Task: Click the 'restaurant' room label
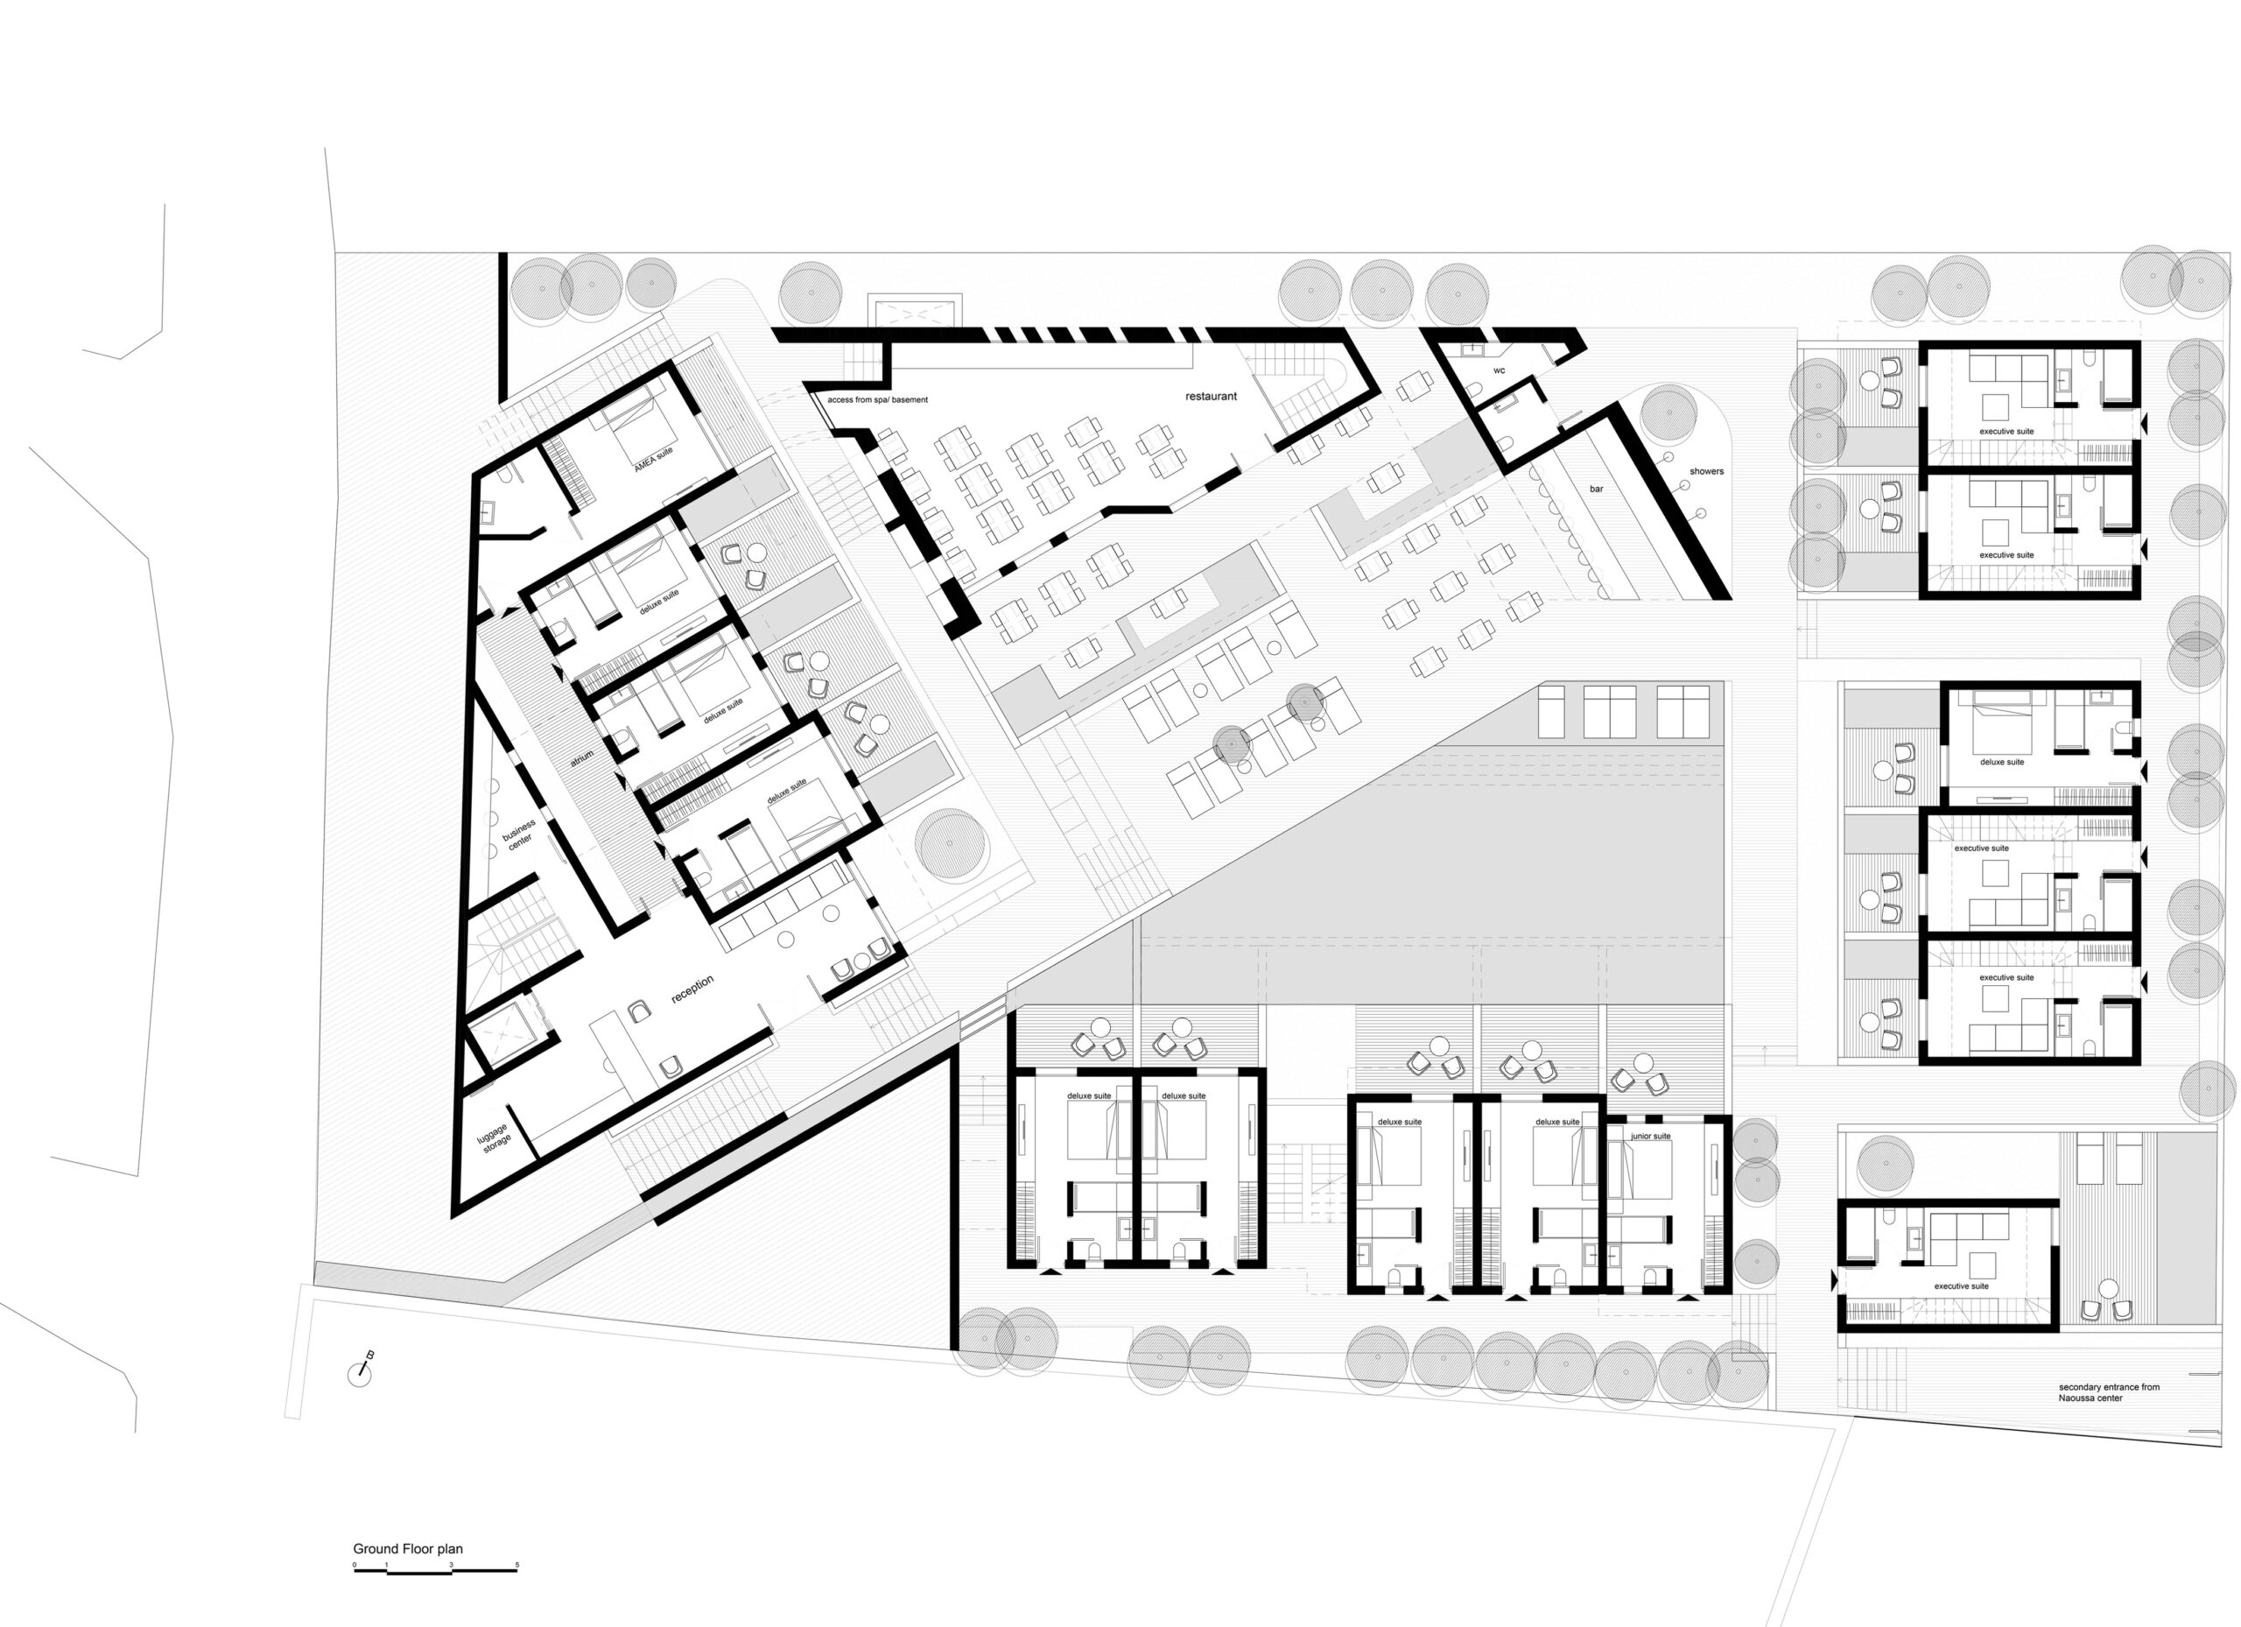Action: (1211, 397)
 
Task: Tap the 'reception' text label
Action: (692, 990)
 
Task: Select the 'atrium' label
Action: (582, 759)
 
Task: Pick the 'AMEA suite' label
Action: (653, 459)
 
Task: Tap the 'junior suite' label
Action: (1651, 1136)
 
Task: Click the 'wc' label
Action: (1499, 370)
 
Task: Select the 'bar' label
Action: (1597, 490)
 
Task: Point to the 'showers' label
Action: (1706, 471)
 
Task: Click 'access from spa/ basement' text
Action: (877, 400)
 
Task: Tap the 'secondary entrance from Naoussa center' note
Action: (2109, 1392)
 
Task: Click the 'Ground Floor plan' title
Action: (408, 1549)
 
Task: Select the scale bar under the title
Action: (436, 1570)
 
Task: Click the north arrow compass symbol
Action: (361, 1372)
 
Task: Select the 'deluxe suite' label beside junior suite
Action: (1557, 1122)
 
